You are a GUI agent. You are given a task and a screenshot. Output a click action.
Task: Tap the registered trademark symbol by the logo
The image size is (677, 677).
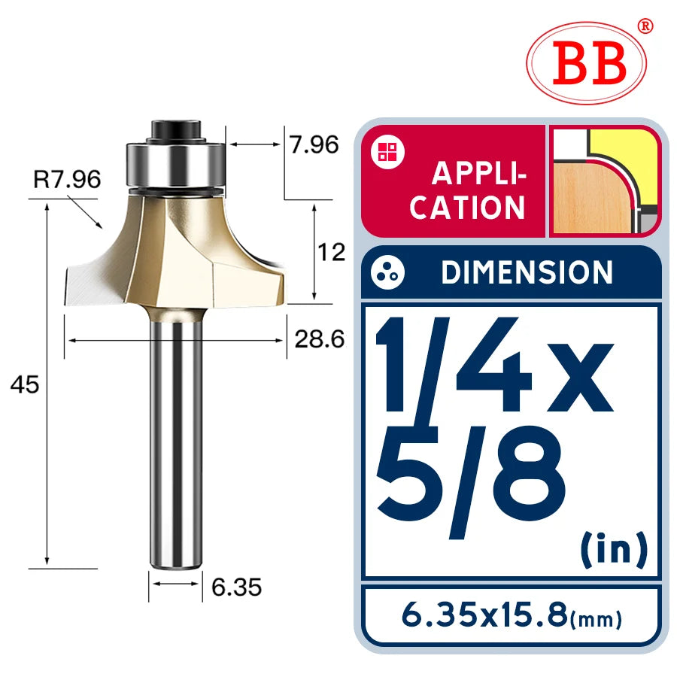645,26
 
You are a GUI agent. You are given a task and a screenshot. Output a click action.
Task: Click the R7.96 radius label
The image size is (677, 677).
68,179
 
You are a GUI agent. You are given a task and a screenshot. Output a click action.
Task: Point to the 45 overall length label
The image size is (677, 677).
25,384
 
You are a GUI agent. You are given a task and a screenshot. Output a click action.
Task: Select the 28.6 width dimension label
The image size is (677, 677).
319,339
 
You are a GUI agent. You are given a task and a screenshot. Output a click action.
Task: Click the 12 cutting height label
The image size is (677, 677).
331,252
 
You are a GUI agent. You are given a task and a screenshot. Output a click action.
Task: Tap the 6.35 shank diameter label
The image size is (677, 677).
237,587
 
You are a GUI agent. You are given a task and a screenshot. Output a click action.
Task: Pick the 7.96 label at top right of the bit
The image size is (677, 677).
314,144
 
